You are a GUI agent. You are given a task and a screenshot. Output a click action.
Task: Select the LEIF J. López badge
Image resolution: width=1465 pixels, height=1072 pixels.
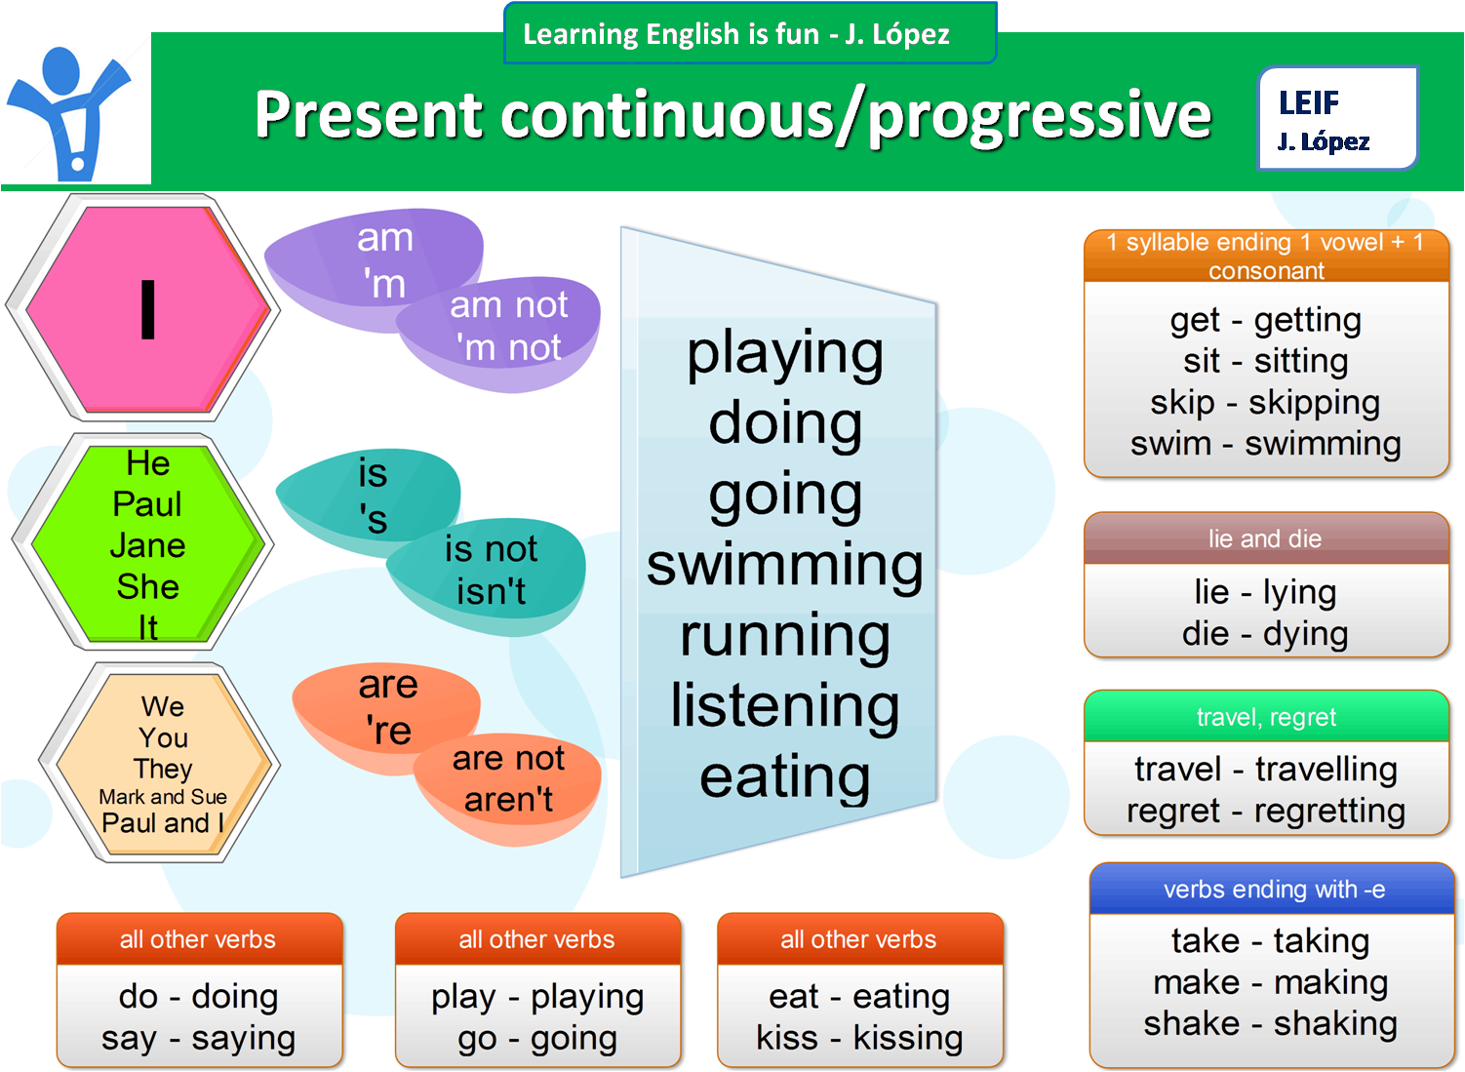(x=1336, y=119)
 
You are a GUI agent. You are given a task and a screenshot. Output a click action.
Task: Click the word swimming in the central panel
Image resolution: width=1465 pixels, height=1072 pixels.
(x=784, y=566)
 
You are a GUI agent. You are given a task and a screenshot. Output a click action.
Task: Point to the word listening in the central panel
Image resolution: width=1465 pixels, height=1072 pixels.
(x=784, y=706)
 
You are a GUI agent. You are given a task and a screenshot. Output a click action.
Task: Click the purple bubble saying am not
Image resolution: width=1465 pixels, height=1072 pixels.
(x=507, y=328)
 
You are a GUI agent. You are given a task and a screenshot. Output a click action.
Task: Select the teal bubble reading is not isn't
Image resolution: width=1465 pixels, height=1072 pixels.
(x=491, y=572)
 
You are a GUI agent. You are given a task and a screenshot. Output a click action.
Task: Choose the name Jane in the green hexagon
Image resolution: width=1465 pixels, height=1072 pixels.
(x=147, y=545)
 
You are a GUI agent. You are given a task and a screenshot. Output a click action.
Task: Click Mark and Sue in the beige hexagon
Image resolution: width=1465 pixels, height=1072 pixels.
(x=163, y=797)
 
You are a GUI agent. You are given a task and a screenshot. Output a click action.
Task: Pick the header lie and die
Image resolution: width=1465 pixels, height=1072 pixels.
(x=1265, y=538)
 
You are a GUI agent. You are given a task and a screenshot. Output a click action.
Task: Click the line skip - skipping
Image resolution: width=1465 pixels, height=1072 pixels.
(x=1265, y=402)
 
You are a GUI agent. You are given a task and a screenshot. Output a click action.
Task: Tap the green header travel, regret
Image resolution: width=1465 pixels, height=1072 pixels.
(x=1266, y=717)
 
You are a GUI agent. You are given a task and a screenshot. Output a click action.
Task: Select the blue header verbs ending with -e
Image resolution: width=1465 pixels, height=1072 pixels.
(x=1273, y=889)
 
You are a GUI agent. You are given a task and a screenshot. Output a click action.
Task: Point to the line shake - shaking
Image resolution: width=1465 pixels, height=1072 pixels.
(x=1270, y=1023)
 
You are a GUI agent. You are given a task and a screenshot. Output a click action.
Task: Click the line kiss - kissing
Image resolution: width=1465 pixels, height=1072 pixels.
(x=859, y=1038)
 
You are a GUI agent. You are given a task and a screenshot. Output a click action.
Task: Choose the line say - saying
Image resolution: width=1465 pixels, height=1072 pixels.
(x=198, y=1038)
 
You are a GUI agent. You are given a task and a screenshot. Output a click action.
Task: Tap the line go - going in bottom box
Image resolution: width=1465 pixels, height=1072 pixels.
(x=537, y=1038)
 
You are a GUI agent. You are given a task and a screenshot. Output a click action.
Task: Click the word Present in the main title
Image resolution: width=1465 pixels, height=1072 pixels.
(x=368, y=115)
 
